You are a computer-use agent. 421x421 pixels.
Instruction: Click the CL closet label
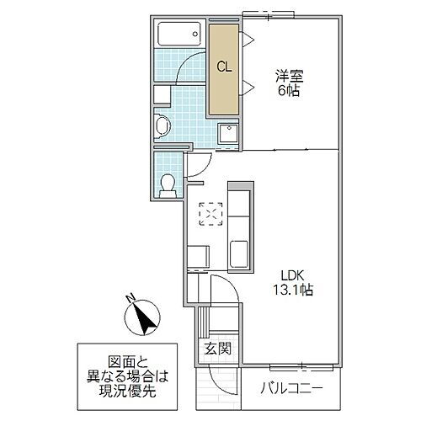(224, 67)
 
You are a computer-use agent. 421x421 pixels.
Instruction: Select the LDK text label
(294, 274)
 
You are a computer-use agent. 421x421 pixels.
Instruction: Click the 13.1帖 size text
(294, 290)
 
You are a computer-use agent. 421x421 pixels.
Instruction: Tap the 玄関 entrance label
(212, 348)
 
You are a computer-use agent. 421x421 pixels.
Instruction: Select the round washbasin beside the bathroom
(163, 125)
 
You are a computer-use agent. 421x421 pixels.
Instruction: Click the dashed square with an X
(208, 214)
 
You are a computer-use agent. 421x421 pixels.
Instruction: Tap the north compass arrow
(142, 318)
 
